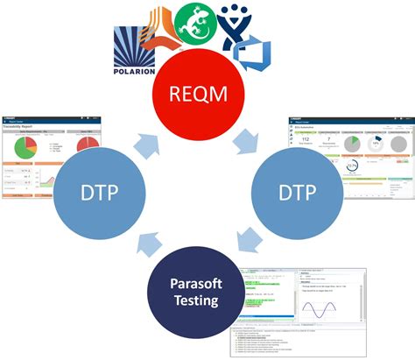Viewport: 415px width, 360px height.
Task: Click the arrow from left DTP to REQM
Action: [146, 141]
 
